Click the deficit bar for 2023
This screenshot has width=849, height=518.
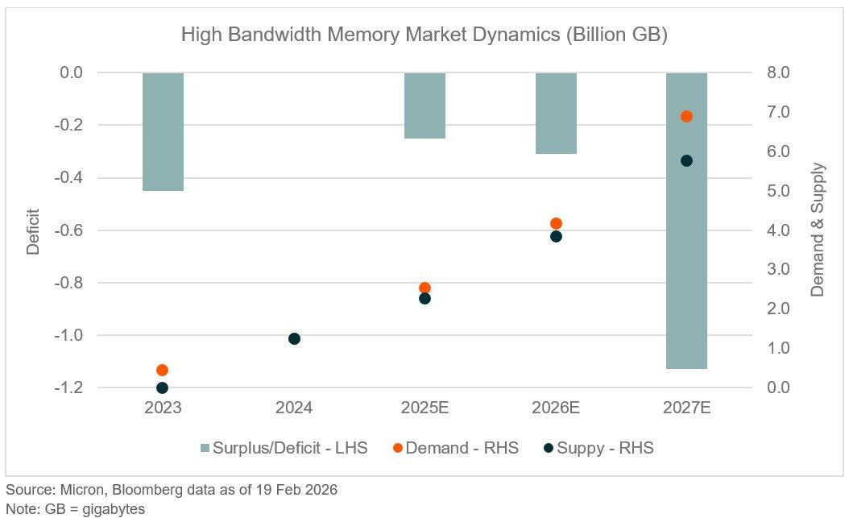pos(163,131)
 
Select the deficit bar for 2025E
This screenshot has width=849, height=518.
pos(425,106)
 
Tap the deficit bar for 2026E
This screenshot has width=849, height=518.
pos(556,113)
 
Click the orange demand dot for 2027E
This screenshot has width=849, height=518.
pos(686,116)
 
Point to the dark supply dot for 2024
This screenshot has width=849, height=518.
pos(294,339)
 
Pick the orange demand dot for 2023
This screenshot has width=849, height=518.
pos(162,371)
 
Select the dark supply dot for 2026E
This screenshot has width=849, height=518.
pos(556,237)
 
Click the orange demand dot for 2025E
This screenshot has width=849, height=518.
pos(425,288)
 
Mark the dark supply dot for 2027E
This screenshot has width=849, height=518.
pos(686,161)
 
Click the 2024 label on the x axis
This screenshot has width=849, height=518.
pos(294,408)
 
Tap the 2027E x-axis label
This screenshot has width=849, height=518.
pos(686,408)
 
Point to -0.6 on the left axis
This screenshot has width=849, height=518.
pos(68,230)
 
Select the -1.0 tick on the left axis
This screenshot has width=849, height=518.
pos(68,336)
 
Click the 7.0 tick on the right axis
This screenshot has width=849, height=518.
pos(778,112)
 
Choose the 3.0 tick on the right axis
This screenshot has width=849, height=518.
pos(778,269)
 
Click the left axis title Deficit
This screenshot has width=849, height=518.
pos(34,232)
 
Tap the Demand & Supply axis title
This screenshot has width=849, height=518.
pos(817,230)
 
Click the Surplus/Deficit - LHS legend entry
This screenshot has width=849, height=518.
pos(284,448)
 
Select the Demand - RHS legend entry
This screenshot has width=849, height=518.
pos(456,448)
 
